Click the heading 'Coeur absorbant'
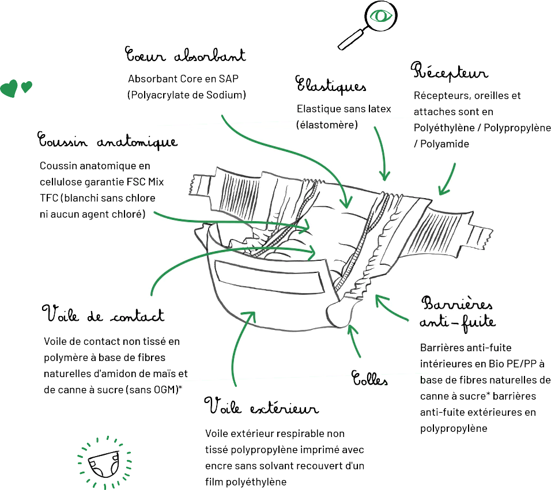click(185, 55)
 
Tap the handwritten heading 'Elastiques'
click(331, 85)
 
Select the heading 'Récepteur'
click(450, 71)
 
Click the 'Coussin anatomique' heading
click(108, 140)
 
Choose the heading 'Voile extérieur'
click(262, 406)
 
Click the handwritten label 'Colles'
click(369, 378)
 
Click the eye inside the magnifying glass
click(380, 16)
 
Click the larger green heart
click(9, 88)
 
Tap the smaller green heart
click(27, 86)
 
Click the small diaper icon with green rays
click(104, 463)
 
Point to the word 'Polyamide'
click(444, 144)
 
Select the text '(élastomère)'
click(327, 124)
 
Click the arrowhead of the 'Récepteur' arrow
click(443, 190)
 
